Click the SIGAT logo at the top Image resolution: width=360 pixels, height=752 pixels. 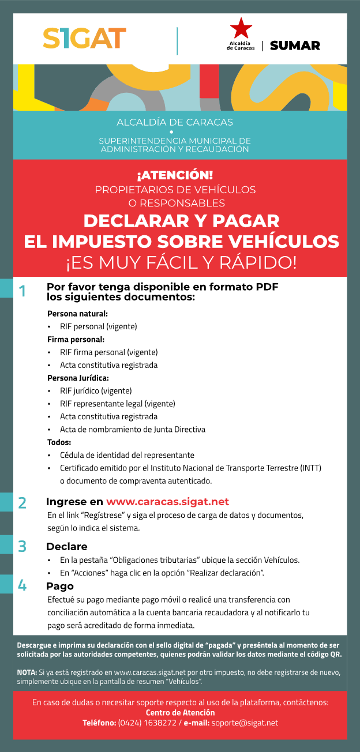(x=84, y=38)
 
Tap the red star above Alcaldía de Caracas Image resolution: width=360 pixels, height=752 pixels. (x=241, y=28)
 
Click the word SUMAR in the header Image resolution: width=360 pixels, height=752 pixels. (x=295, y=46)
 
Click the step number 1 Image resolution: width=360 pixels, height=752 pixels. (x=22, y=291)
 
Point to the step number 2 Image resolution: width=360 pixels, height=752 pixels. (x=22, y=502)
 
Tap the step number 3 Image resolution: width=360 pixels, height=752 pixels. (x=22, y=546)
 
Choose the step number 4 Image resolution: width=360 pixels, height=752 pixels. (x=22, y=586)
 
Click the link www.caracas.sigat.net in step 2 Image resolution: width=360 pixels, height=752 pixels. (x=167, y=502)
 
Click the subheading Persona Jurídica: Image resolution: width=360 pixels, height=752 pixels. (x=78, y=378)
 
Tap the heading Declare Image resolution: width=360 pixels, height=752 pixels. (x=67, y=546)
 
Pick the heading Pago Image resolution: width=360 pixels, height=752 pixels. (x=60, y=586)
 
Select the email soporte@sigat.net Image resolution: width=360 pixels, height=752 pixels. (x=245, y=723)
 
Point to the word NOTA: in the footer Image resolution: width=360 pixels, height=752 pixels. (x=27, y=672)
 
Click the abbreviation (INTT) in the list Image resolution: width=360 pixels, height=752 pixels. (x=310, y=468)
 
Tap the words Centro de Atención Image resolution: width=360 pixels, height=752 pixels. (x=180, y=713)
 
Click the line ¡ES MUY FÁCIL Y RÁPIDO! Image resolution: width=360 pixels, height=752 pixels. (x=181, y=262)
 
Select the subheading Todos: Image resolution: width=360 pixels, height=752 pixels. (x=59, y=442)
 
